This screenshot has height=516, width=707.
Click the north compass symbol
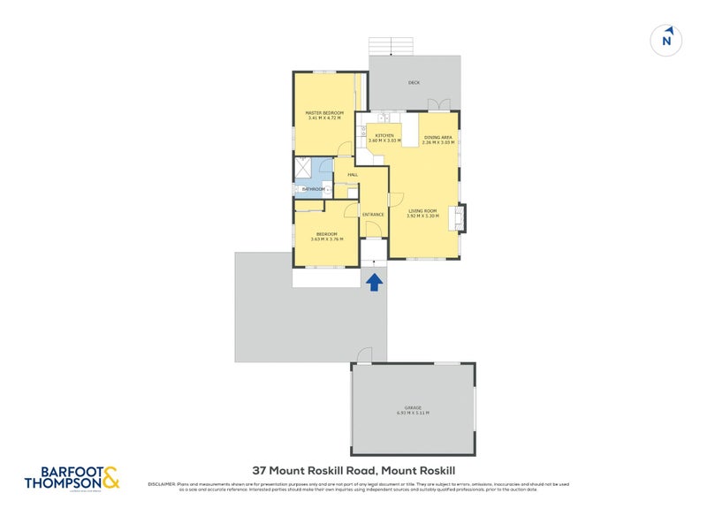click(x=667, y=39)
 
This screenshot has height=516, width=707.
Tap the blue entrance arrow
click(x=374, y=282)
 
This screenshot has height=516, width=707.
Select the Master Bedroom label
click(x=324, y=113)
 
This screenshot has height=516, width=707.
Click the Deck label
click(x=414, y=83)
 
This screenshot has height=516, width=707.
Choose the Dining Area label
click(x=438, y=137)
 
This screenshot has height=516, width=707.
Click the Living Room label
click(x=422, y=210)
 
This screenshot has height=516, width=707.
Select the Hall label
click(x=353, y=175)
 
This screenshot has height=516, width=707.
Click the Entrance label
click(x=373, y=215)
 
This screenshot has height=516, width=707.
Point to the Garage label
click(x=414, y=408)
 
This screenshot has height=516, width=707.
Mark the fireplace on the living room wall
click(x=460, y=216)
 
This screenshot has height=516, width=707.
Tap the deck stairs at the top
click(x=390, y=46)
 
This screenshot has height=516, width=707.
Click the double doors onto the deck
click(x=439, y=105)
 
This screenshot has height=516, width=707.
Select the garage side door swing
click(x=362, y=355)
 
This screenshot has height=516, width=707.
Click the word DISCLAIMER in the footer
click(x=162, y=484)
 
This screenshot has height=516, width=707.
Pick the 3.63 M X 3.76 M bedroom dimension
click(x=327, y=239)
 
